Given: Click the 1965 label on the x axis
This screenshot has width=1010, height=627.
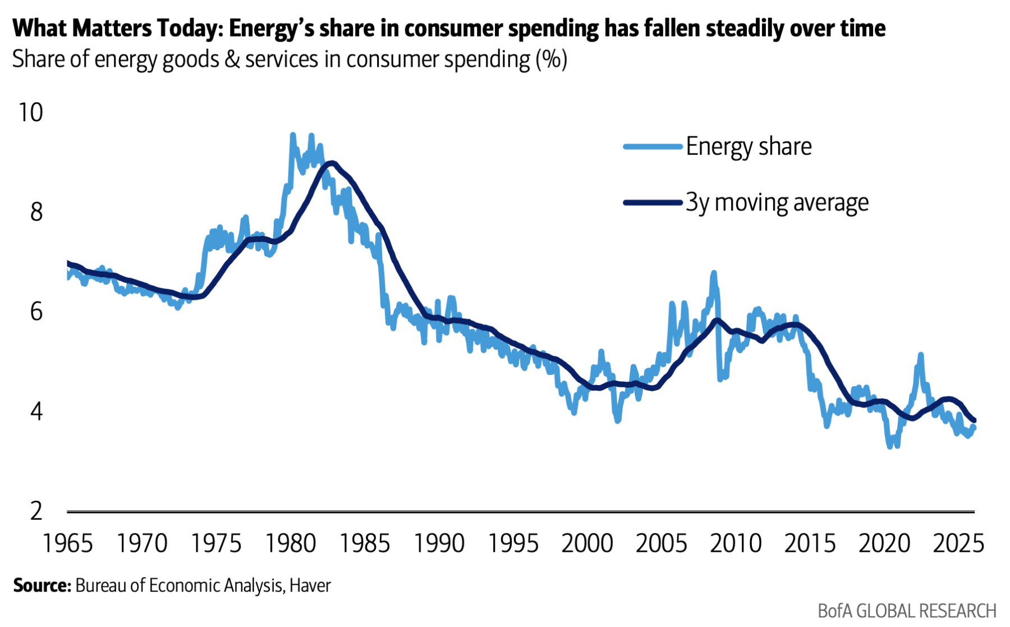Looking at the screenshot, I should tap(68, 543).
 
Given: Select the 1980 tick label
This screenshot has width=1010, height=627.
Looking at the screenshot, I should tap(290, 543).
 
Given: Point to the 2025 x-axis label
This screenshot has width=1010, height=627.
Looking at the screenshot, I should tap(958, 543).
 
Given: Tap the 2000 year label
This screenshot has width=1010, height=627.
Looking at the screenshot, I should tap(587, 543).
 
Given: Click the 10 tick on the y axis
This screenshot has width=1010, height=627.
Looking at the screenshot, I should tap(30, 112).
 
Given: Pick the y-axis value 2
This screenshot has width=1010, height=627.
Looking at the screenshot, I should tap(36, 511).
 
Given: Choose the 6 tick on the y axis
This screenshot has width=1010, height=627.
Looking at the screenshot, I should tap(36, 312).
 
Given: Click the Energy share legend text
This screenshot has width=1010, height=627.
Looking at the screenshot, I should tap(749, 147).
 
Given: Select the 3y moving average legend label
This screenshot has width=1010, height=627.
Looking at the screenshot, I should tap(777, 202).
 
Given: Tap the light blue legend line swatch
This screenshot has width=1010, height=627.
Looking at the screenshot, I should tap(653, 147).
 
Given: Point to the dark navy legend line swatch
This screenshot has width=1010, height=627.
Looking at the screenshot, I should tap(653, 202).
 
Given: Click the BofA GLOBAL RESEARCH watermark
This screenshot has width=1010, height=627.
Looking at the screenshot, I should tap(907, 611).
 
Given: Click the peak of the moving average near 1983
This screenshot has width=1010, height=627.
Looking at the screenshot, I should tap(332, 163).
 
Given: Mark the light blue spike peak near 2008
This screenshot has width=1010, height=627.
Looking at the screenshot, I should tap(714, 273).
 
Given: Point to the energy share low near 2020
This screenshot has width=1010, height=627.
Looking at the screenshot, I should tap(890, 446).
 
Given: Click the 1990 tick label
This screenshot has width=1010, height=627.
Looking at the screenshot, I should tap(439, 543).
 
